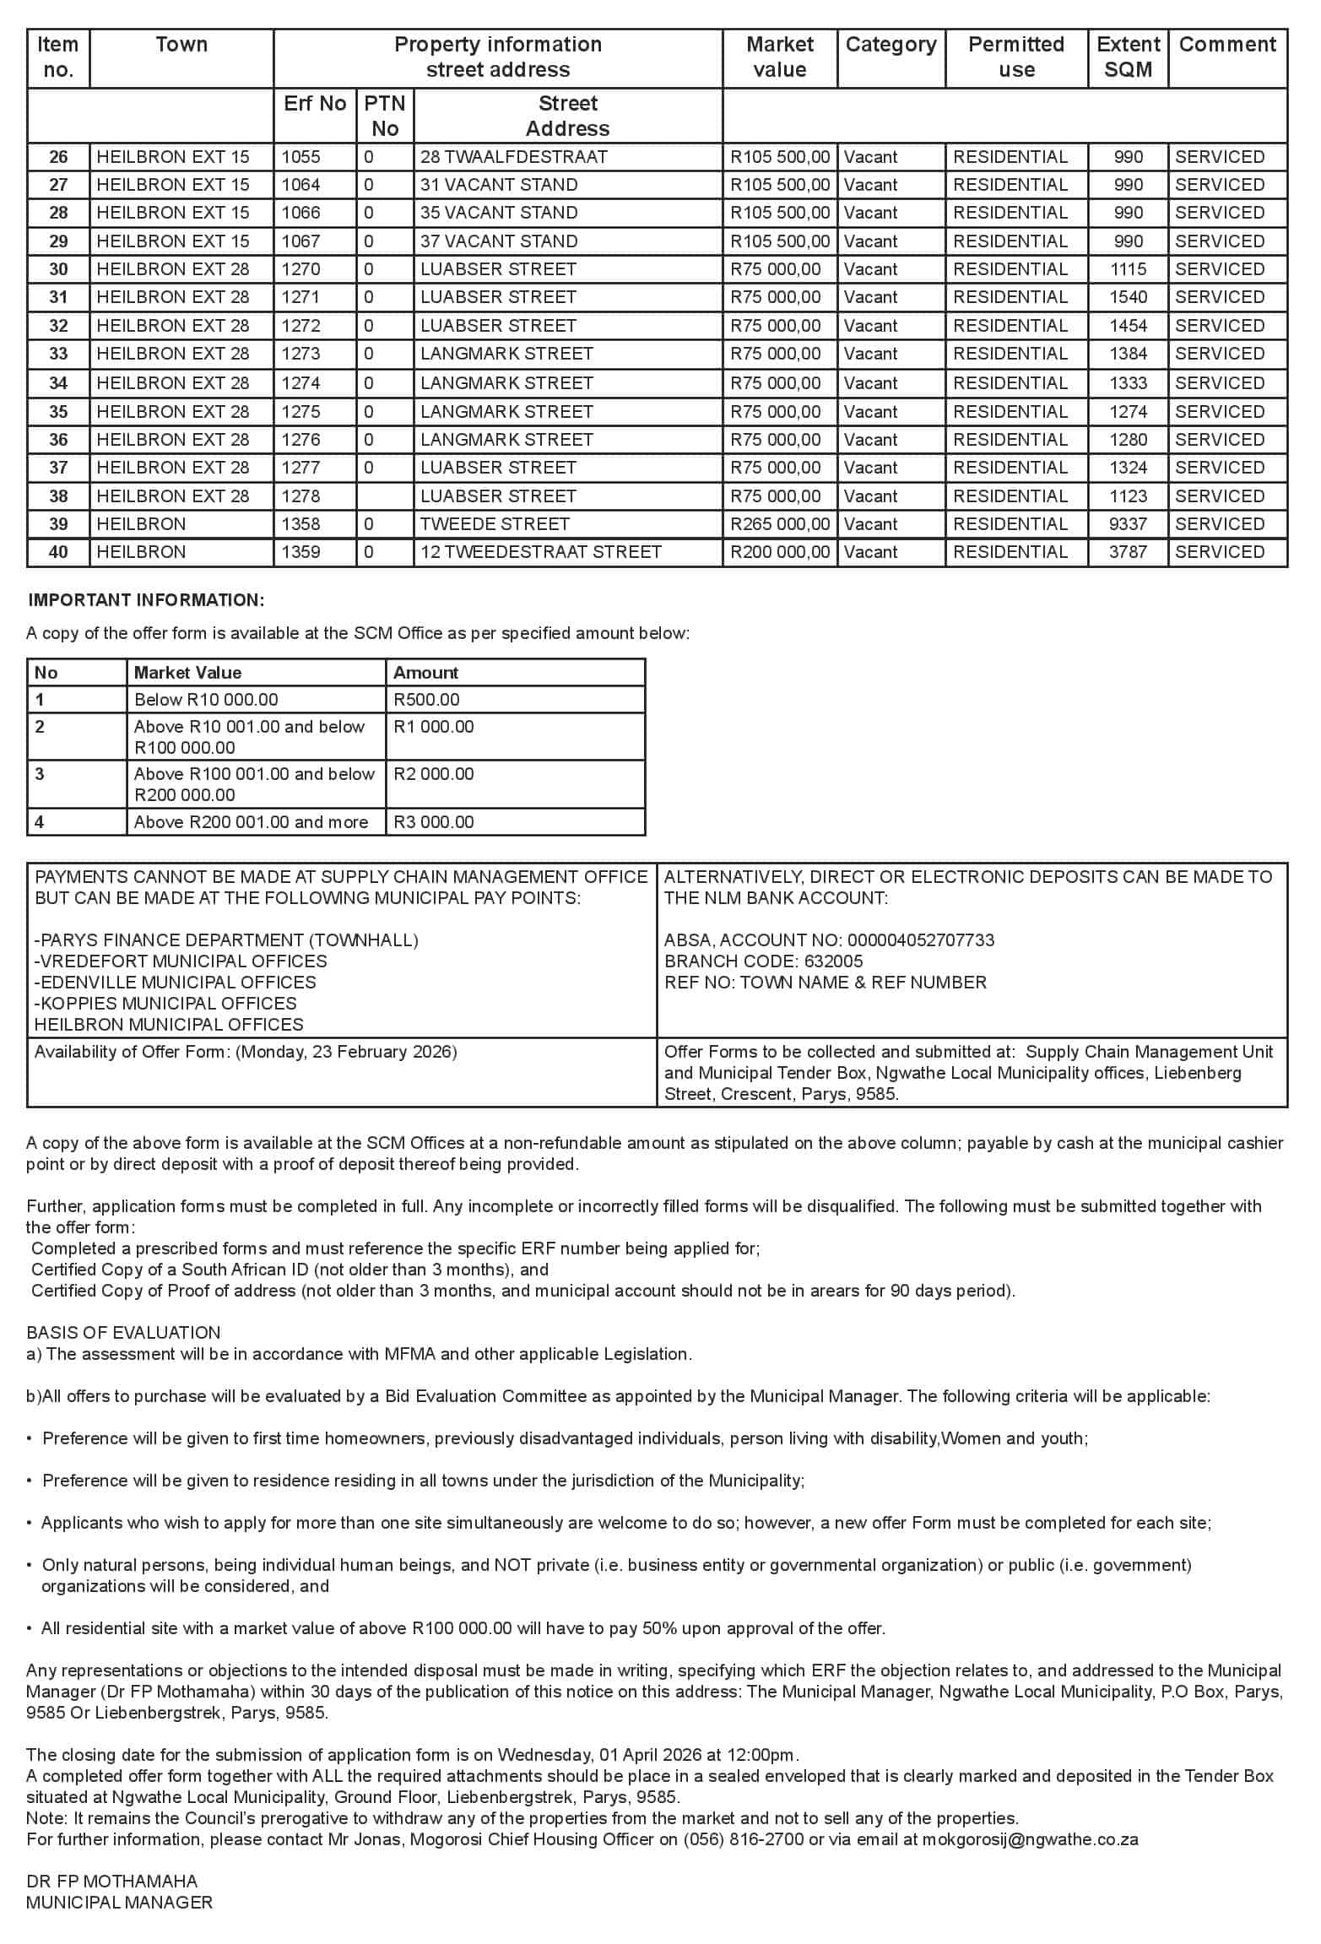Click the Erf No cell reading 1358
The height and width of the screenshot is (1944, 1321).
point(301,524)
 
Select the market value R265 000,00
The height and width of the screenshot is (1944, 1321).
point(779,524)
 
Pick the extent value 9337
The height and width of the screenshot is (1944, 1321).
point(1128,524)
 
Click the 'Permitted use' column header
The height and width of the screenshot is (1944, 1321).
point(1015,57)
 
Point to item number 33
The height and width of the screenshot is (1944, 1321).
point(58,354)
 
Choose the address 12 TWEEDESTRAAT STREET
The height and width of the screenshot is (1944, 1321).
point(540,552)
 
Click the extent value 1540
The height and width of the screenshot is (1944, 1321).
point(1128,297)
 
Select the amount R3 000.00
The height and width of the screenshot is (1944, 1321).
point(434,822)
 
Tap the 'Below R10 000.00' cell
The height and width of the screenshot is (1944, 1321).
point(206,700)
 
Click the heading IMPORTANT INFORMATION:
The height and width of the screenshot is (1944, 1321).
point(146,600)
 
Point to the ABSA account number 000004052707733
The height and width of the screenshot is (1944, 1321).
point(921,940)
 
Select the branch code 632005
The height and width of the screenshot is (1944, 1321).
point(834,961)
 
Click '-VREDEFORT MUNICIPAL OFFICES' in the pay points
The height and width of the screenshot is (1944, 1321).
point(181,961)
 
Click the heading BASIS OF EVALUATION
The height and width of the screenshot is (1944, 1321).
point(123,1333)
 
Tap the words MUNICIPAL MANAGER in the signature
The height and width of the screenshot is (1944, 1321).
point(119,1903)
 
